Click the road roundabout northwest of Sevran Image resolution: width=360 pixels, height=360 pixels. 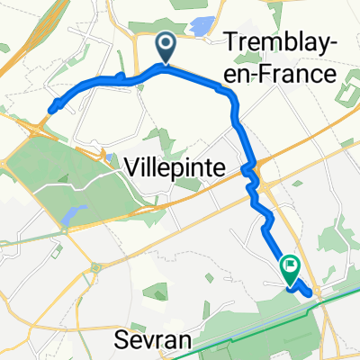(x=94, y=266)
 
